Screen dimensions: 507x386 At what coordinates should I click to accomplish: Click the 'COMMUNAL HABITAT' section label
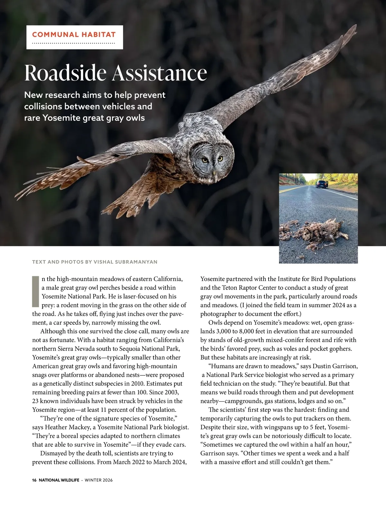click(x=74, y=34)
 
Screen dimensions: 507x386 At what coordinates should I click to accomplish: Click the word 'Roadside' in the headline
click(x=65, y=73)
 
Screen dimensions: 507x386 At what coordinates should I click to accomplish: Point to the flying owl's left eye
click(x=205, y=160)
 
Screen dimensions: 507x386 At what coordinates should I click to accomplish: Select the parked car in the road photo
click(x=320, y=184)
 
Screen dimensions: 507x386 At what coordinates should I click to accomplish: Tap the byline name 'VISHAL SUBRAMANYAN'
click(x=125, y=262)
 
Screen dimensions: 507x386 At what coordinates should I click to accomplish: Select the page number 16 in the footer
click(x=34, y=480)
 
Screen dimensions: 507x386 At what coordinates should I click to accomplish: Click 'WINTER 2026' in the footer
click(x=99, y=480)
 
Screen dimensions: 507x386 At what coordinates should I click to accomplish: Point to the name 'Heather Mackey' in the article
click(x=68, y=427)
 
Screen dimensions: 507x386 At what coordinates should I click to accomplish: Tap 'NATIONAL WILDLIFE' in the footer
click(x=59, y=480)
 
